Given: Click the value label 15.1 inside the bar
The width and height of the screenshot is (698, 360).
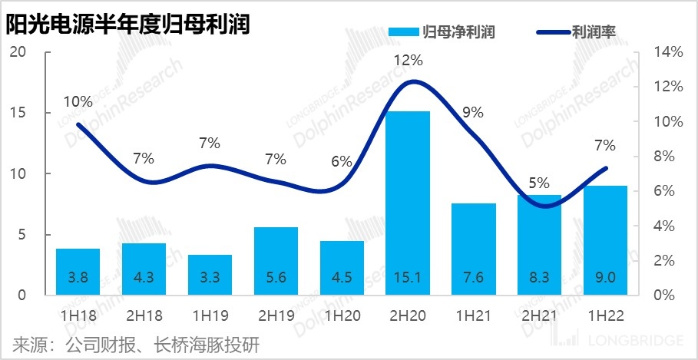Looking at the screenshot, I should [x=408, y=277].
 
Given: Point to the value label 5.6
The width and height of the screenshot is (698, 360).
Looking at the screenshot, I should [x=276, y=277].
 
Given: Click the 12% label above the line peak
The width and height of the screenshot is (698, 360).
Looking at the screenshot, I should [x=409, y=60].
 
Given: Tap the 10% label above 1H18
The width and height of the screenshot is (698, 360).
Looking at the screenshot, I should [x=78, y=101].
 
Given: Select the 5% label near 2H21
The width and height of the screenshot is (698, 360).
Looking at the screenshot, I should [x=539, y=183].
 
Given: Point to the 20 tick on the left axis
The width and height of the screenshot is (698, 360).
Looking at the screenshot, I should [x=18, y=52].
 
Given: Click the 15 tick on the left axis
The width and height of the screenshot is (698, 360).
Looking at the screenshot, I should [x=18, y=113].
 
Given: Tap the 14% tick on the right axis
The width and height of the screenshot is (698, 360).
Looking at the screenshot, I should [x=668, y=52].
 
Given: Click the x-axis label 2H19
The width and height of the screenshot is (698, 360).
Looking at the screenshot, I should [x=276, y=315].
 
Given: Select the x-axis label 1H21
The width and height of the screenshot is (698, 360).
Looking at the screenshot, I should [x=473, y=315].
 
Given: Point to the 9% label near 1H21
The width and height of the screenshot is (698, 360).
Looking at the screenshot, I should [x=473, y=112].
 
